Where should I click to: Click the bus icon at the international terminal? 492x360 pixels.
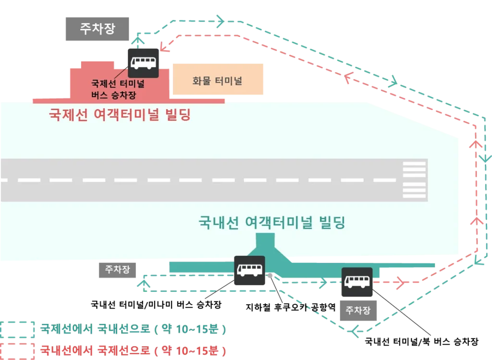point(143,62)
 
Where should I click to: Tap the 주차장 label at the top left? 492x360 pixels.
point(98,28)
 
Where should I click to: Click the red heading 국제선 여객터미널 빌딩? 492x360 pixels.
point(120,115)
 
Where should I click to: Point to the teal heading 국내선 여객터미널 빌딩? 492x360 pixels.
point(272,223)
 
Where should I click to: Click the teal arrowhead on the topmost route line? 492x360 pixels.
point(221,21)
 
